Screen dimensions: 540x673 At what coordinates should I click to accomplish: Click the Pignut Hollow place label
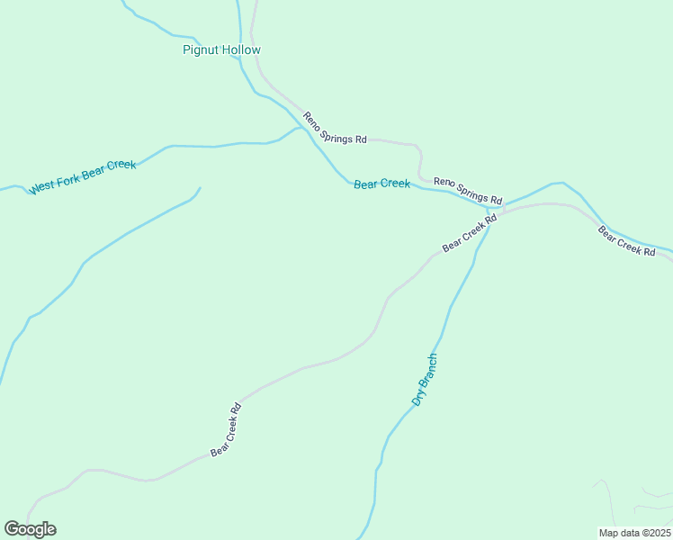[x=221, y=50]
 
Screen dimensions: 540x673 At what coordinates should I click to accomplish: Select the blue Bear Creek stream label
[x=381, y=184]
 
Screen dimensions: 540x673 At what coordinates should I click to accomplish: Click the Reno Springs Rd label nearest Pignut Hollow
[x=335, y=128]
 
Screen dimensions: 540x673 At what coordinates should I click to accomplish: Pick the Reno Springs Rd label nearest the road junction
[x=467, y=190]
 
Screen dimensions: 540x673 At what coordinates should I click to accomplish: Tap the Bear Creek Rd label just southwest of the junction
[x=470, y=233]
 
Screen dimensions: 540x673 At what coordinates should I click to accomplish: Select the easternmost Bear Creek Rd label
[x=626, y=241]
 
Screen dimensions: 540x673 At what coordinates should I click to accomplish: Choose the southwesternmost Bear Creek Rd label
[x=226, y=429]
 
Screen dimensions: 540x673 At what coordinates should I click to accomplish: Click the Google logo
[x=30, y=529]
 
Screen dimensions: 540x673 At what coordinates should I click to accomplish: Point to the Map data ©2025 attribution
[x=634, y=533]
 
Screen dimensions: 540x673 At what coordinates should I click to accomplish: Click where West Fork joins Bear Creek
[x=301, y=128]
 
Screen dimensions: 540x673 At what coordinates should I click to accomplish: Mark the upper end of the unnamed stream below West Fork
[x=199, y=188]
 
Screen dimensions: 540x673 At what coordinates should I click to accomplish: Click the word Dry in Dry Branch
[x=417, y=397]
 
